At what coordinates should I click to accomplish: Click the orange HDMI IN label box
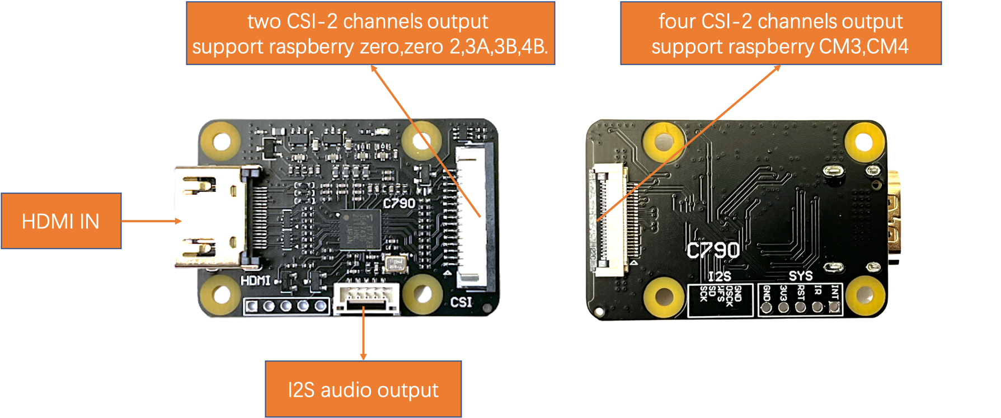(x=61, y=221)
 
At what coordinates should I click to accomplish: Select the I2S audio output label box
(x=363, y=389)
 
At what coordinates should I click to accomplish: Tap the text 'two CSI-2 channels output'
(x=368, y=21)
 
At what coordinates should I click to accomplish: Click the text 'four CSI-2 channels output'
(x=781, y=21)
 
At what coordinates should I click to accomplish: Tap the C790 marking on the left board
(x=399, y=203)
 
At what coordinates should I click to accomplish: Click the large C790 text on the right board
(x=713, y=251)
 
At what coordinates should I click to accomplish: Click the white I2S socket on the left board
(x=366, y=298)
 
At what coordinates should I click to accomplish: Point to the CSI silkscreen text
(x=461, y=302)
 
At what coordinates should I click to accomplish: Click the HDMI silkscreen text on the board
(x=256, y=280)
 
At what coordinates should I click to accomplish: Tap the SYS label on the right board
(x=801, y=276)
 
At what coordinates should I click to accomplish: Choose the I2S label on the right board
(x=719, y=276)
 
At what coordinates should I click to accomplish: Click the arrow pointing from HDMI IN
(x=151, y=221)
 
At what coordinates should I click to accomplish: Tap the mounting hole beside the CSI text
(x=422, y=293)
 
